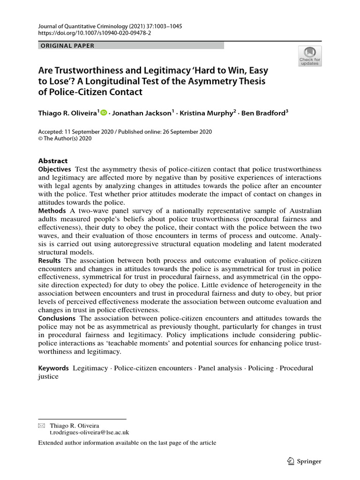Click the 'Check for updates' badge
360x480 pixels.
[310, 56]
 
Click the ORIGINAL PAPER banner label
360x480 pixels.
[67, 45]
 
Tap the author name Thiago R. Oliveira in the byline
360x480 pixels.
[67, 112]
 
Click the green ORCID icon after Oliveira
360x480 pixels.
[104, 112]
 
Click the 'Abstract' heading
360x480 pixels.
[53, 160]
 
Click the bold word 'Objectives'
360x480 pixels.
[54, 169]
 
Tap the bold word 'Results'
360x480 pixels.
[50, 261]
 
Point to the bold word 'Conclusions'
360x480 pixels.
[57, 318]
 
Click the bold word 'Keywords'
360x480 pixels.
[53, 368]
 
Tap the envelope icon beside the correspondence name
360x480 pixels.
[42, 426]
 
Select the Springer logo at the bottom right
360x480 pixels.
[303, 461]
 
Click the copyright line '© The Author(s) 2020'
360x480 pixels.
[65, 139]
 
